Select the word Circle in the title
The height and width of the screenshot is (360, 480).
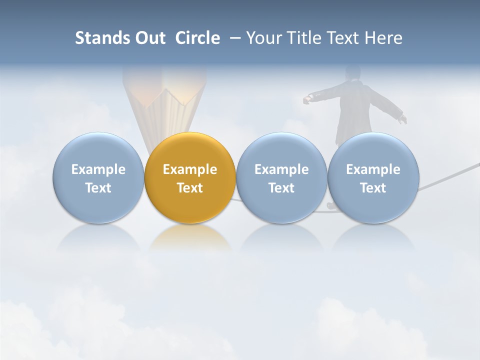[x=197, y=38]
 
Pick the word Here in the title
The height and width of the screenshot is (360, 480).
[x=383, y=38]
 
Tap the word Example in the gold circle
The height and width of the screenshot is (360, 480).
[x=190, y=169]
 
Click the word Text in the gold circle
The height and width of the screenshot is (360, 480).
[x=190, y=188]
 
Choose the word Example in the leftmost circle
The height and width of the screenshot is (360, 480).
[x=98, y=169]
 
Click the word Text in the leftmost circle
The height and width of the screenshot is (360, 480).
[x=98, y=188]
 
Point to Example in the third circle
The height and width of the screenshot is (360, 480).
[x=281, y=169]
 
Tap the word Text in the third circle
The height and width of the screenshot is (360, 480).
[x=281, y=188]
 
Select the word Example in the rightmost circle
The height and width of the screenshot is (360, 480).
[x=373, y=169]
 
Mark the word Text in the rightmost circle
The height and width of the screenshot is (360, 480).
[x=373, y=188]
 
